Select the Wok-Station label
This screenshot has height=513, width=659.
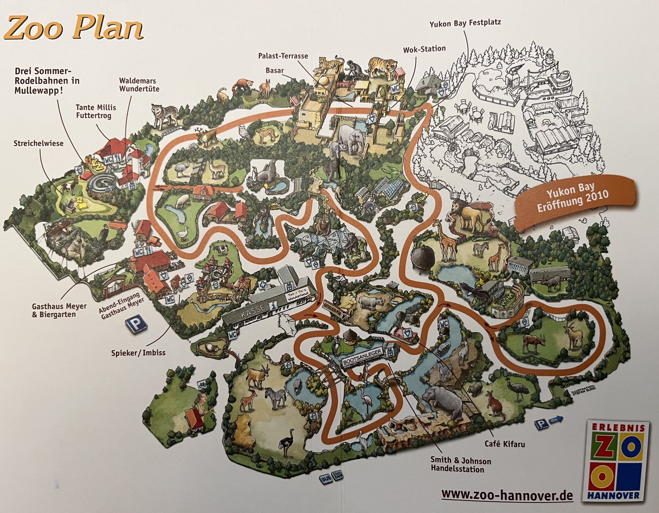[424, 49]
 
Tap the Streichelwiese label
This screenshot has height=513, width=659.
[39, 143]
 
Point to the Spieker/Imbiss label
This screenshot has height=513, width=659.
[139, 352]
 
